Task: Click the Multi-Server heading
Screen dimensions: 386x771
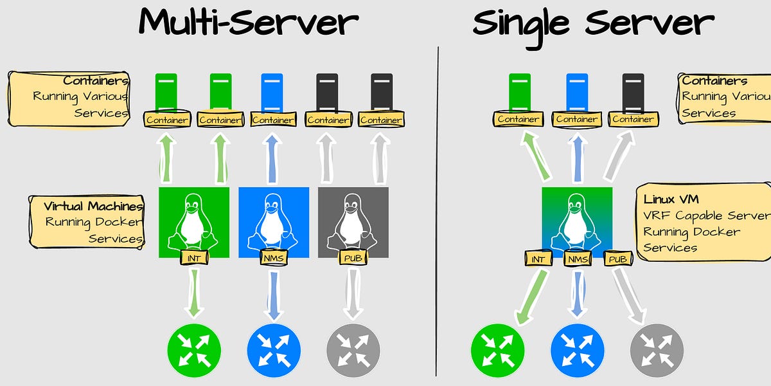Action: point(248,23)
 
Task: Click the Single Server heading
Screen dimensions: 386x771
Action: point(592,23)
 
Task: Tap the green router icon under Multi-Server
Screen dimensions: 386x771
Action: point(194,351)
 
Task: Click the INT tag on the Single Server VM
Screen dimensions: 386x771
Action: point(537,259)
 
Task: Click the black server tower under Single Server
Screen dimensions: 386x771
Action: point(634,91)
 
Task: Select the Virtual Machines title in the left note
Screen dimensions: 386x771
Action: point(93,207)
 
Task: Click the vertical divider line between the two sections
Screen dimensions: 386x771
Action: point(438,212)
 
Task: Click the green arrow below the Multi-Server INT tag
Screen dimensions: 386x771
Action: point(194,293)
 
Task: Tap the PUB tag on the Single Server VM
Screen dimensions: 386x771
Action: point(618,259)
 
